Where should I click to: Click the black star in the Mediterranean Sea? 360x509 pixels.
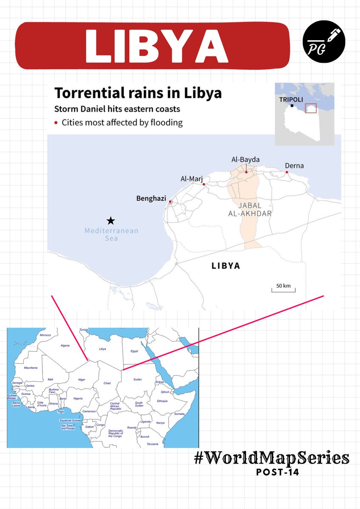point(111,220)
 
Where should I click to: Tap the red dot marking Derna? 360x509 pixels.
point(287,172)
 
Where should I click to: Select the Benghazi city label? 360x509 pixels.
point(151,198)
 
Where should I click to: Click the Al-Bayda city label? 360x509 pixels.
point(245,159)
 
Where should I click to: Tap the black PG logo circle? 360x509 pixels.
point(323,42)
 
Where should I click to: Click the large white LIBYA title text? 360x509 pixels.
point(155,45)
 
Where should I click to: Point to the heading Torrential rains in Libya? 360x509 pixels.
point(138,93)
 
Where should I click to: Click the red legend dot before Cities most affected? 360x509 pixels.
point(56,123)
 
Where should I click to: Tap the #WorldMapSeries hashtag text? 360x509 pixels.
point(272,458)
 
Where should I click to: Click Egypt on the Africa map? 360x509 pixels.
point(134,351)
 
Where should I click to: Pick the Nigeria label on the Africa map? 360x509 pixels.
point(78,398)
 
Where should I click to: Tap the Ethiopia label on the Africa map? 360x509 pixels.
point(163,401)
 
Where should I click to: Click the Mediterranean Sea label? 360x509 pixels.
point(111,235)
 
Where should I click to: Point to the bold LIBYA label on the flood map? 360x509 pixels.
point(226,266)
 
